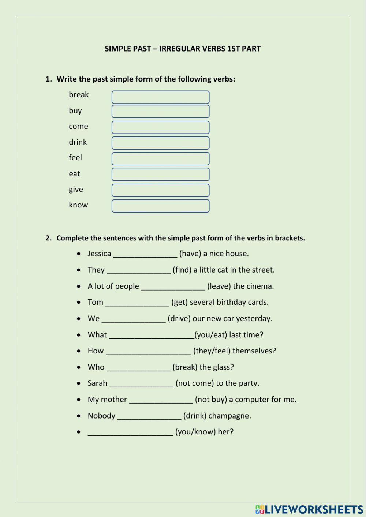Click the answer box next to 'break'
[x=160, y=97]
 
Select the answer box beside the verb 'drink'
[x=160, y=143]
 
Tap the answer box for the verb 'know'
[x=160, y=206]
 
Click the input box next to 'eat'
[x=160, y=175]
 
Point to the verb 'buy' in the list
[x=75, y=111]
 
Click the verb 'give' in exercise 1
[x=76, y=190]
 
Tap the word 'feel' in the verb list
[x=75, y=158]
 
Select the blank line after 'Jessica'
[x=145, y=254]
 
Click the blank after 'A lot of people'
[x=173, y=287]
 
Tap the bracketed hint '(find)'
[x=182, y=270]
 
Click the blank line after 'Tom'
[x=137, y=303]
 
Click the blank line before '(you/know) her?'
[x=130, y=432]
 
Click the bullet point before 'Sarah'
[x=79, y=383]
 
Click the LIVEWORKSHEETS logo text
[x=314, y=509]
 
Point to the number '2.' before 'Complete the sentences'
[x=49, y=238]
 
